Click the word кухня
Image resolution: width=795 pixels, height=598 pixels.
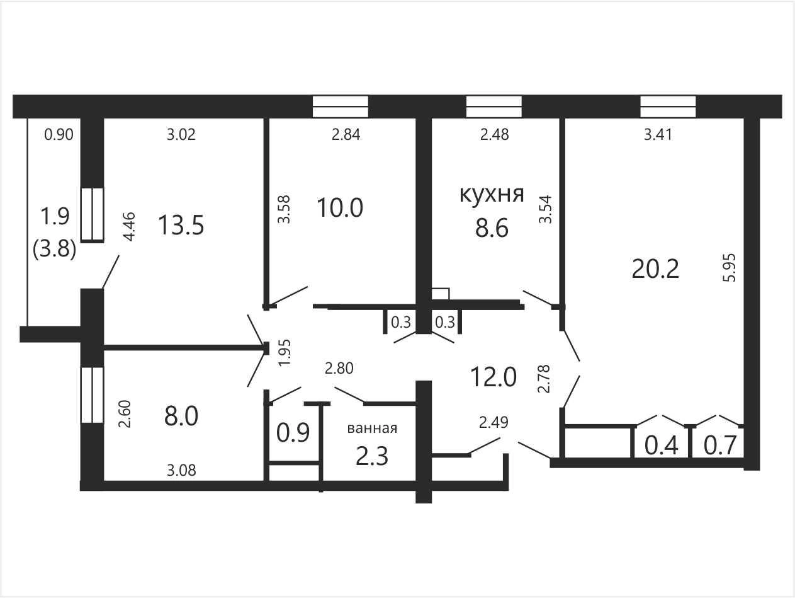[x=492, y=195]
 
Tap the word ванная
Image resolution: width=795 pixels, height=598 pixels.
[x=372, y=428]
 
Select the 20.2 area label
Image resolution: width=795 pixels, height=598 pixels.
[x=655, y=269]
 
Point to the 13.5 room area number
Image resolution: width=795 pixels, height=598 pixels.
[x=181, y=225]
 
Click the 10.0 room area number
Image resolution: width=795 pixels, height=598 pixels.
[x=340, y=208]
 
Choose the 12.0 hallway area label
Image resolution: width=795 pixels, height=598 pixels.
[x=493, y=377]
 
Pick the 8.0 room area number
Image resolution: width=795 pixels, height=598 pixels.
[x=181, y=416]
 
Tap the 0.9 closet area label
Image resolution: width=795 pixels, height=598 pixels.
[x=293, y=433]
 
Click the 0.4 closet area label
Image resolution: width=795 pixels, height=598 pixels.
[x=662, y=446]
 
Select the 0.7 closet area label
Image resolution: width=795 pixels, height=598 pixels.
[x=720, y=446]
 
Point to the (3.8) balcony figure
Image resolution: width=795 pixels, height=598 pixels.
[x=55, y=250]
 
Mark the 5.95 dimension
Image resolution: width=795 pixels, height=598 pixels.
[x=730, y=268]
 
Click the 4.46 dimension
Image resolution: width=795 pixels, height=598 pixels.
[x=129, y=226]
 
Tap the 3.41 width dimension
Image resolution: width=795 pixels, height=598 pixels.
[x=658, y=135]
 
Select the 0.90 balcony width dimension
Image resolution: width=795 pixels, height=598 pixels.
[x=59, y=135]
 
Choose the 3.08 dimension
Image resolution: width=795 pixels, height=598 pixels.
[x=181, y=471]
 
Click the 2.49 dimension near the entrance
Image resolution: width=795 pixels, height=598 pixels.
[x=493, y=422]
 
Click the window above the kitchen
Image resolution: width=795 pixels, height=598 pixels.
[x=494, y=106]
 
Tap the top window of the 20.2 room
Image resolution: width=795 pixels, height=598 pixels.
[x=668, y=106]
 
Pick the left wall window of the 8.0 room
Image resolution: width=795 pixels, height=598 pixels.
[x=92, y=395]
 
